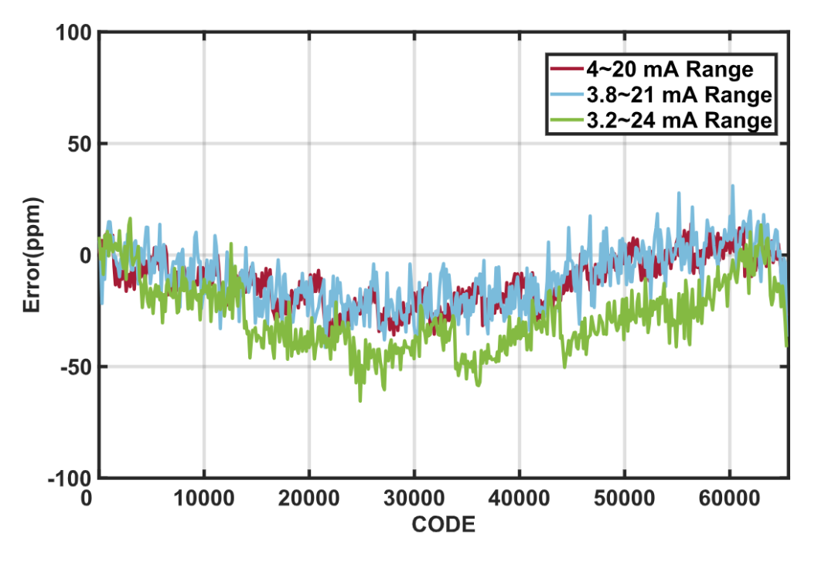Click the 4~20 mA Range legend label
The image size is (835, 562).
pyautogui.click(x=669, y=70)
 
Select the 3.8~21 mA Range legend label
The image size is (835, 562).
pyautogui.click(x=679, y=95)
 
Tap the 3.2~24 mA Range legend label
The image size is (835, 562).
pyautogui.click(x=679, y=121)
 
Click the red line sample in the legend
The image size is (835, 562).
pyautogui.click(x=566, y=70)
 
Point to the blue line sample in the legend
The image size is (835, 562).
pyautogui.click(x=566, y=95)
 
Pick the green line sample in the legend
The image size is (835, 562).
pyautogui.click(x=566, y=121)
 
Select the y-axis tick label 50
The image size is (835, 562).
pyautogui.click(x=79, y=144)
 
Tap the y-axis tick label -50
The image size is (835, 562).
pyautogui.click(x=75, y=366)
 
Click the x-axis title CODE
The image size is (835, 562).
pyautogui.click(x=443, y=526)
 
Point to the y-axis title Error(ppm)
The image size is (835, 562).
pyautogui.click(x=32, y=255)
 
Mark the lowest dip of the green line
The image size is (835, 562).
pyautogui.click(x=360, y=400)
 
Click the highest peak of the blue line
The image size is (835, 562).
pyautogui.click(x=732, y=186)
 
